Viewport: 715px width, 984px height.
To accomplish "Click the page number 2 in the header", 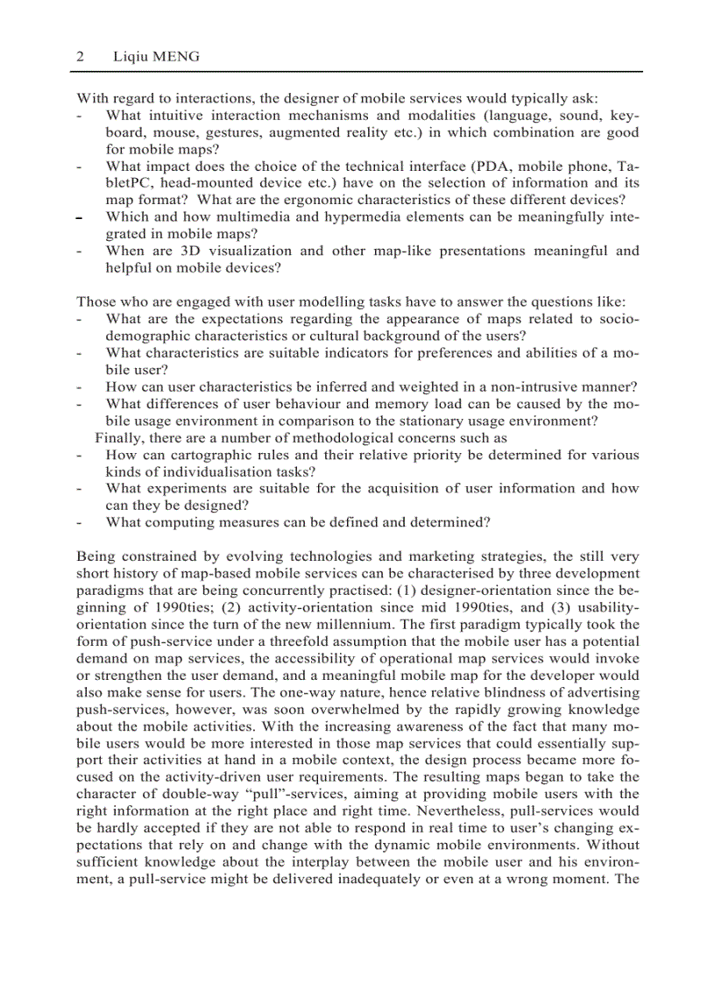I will (81, 57).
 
